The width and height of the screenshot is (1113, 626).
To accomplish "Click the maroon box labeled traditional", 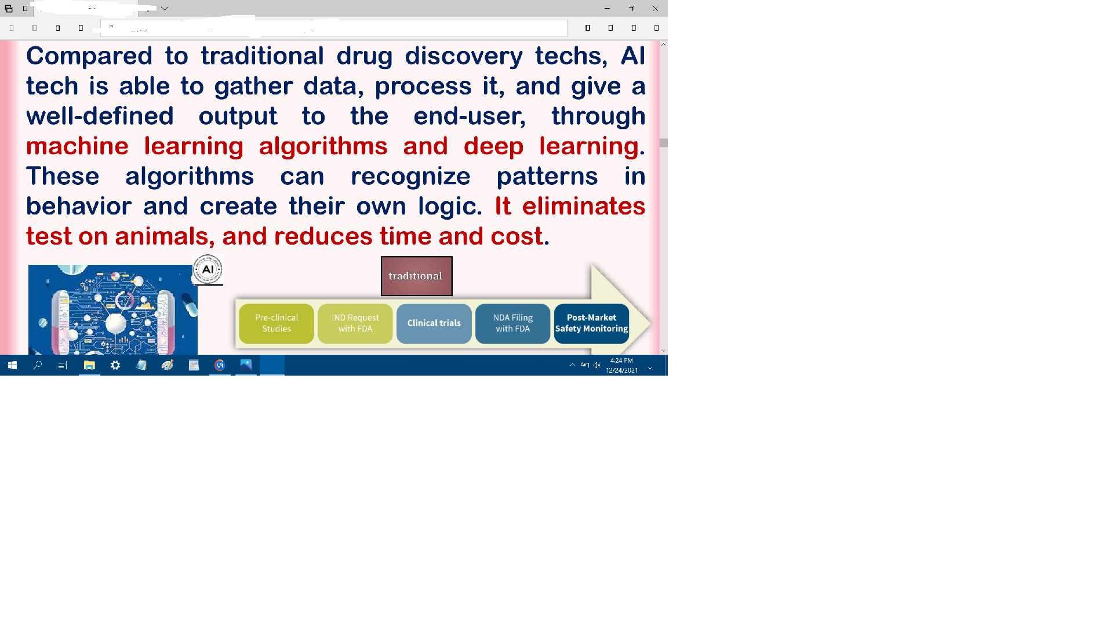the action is point(416,276).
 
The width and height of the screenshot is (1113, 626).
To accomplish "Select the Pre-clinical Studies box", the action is point(277,323).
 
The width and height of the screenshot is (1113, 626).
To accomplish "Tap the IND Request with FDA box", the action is point(355,323).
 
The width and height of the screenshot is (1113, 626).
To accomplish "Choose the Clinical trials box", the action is point(434,323).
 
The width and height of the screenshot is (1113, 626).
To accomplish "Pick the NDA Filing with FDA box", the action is point(513,323).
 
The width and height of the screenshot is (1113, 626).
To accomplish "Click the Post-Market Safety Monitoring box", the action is point(591,323).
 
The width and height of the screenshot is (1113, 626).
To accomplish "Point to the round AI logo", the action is point(208,270).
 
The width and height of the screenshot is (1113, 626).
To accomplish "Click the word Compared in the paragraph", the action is point(89,56).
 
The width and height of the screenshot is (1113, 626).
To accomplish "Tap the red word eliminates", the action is point(584,206).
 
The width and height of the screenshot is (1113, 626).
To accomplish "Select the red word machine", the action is point(77,146).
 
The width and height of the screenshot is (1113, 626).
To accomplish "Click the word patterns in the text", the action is point(547,177).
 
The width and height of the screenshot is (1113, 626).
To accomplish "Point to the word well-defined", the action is point(100,116).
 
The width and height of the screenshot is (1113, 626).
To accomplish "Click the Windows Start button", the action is point(12,365).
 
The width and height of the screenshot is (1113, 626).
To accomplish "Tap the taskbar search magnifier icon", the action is point(38,365).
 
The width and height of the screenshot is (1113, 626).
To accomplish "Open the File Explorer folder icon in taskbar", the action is point(89,365).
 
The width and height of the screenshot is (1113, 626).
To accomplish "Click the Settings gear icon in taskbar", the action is point(115,365).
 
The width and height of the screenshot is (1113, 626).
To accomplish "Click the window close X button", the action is point(655,9).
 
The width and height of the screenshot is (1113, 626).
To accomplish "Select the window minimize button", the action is point(607,9).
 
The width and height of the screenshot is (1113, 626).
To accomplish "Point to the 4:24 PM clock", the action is point(621,361).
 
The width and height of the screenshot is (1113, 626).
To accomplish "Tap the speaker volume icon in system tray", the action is point(597,365).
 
